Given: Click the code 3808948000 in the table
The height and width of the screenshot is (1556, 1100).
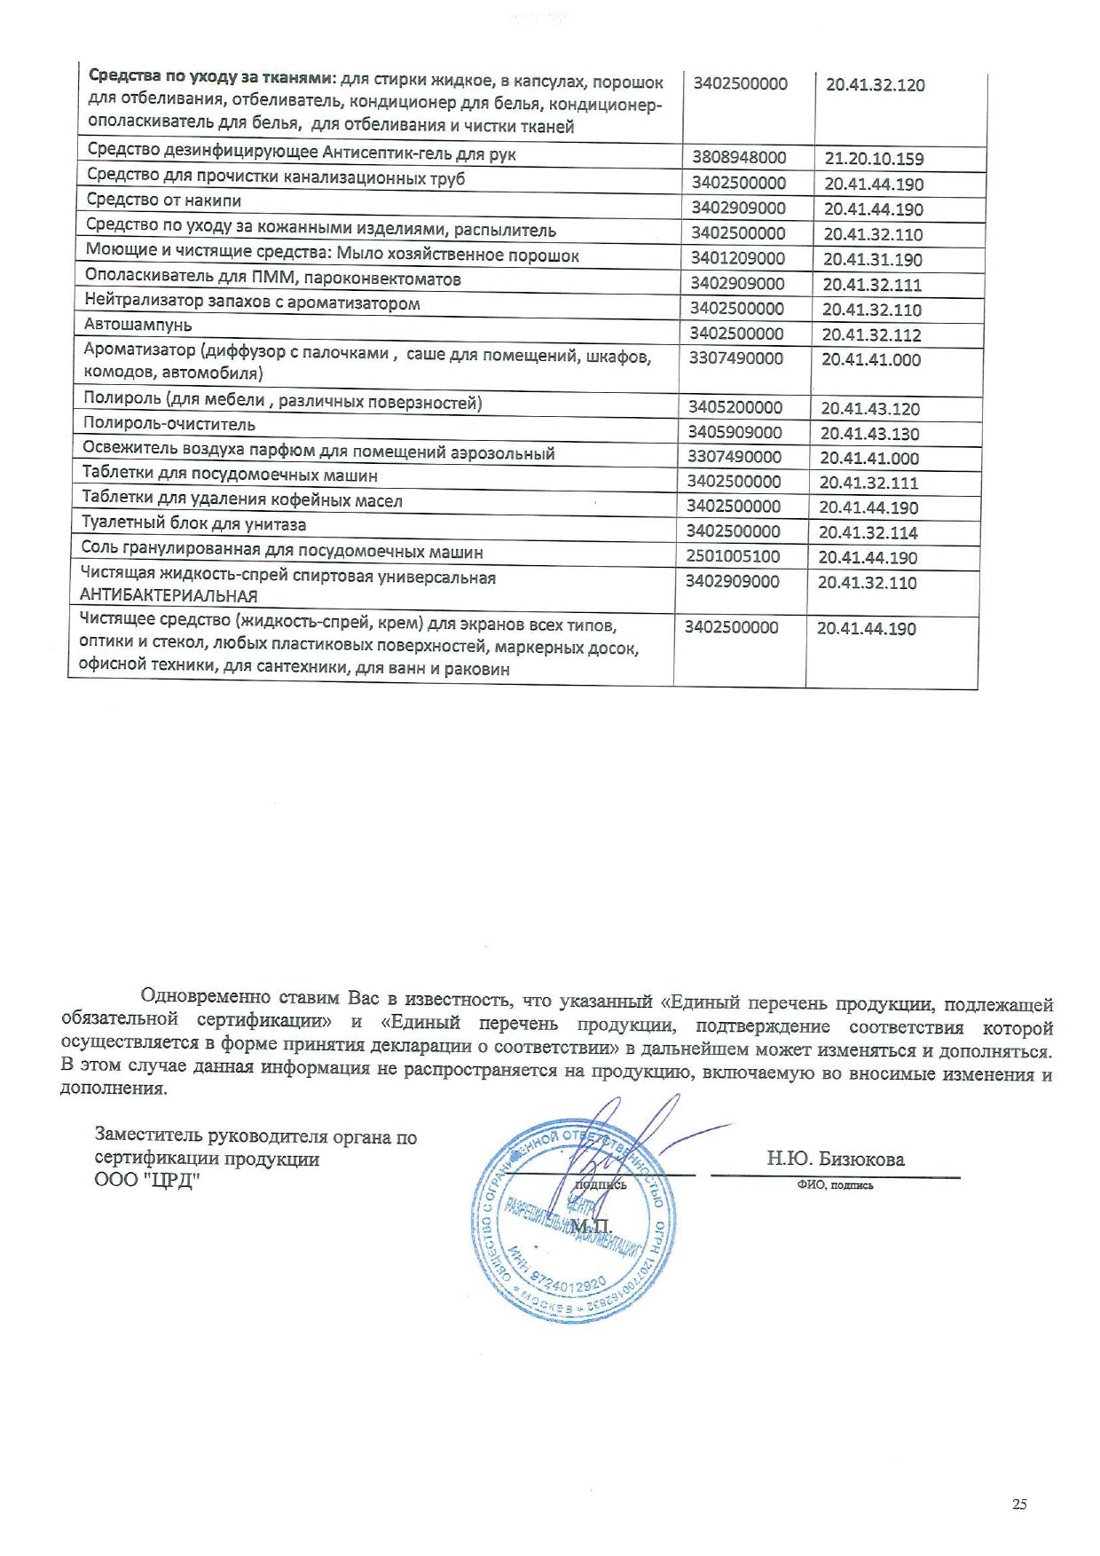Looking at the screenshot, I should (x=739, y=158).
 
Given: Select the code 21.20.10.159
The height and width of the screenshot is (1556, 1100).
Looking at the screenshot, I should (x=874, y=160).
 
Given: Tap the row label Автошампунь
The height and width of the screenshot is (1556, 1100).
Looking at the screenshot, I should (x=137, y=326).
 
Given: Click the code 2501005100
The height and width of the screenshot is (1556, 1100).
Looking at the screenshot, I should (x=733, y=557).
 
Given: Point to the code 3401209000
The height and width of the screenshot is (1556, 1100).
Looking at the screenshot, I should (x=737, y=258).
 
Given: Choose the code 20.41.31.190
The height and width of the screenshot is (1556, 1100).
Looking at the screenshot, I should (x=872, y=260).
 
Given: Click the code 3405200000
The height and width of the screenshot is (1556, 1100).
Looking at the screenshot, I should (x=735, y=407).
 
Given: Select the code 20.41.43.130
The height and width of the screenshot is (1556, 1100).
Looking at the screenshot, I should (x=869, y=434).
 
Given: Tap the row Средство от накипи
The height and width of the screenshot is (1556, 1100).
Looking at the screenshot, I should (x=164, y=200).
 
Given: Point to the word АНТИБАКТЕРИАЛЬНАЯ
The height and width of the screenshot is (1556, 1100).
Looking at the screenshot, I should (x=169, y=596).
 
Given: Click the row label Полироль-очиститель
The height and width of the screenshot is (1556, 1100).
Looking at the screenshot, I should (x=169, y=424).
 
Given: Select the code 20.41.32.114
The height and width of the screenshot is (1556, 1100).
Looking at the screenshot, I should (x=868, y=533).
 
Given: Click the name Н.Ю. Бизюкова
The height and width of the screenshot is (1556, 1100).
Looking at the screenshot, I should (x=836, y=1159).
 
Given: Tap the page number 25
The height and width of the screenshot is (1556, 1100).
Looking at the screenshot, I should (x=1019, y=1505).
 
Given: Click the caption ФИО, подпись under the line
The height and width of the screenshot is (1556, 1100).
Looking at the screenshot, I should (x=835, y=1185).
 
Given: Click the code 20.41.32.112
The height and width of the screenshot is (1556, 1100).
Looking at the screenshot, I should (x=871, y=335).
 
